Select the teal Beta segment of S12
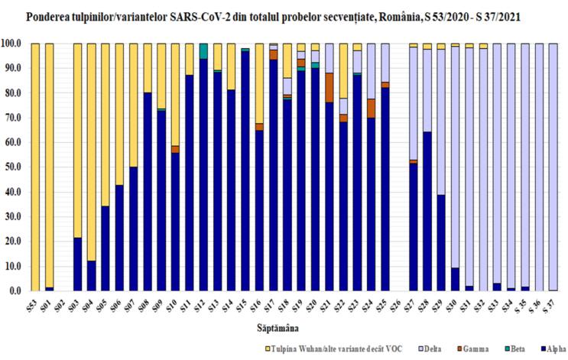(x=203, y=50)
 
